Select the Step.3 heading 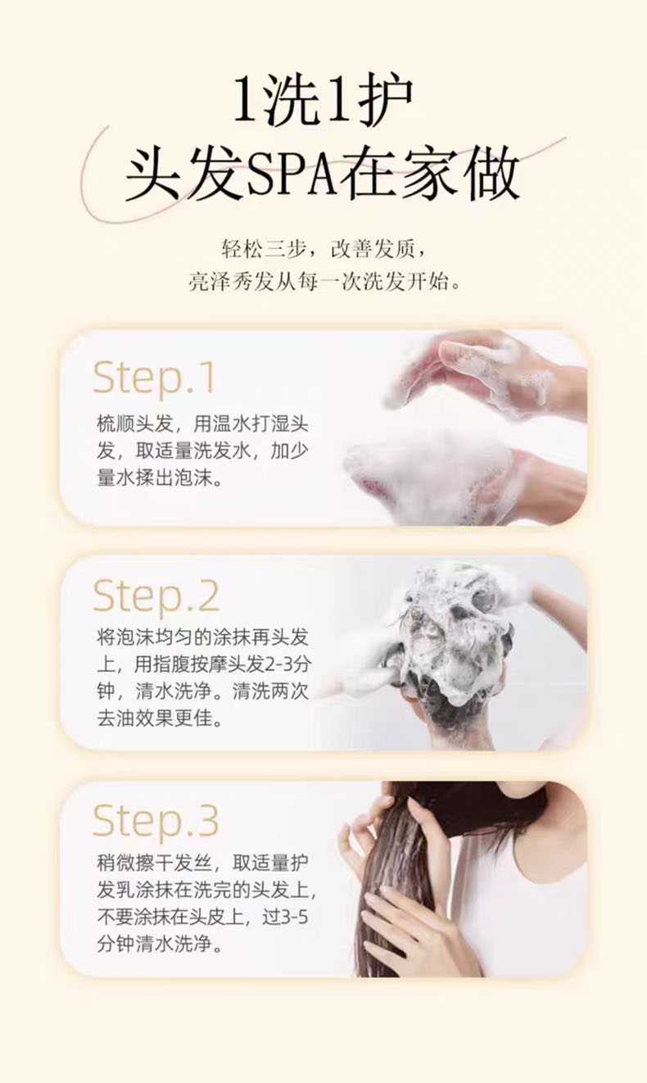click(x=156, y=821)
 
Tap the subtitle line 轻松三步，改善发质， click(x=323, y=249)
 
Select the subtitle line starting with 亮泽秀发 click(x=323, y=281)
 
